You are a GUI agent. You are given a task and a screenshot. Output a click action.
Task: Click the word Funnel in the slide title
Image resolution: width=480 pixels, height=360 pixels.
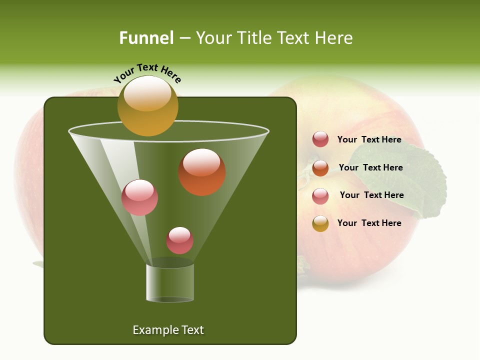pyautogui.click(x=146, y=38)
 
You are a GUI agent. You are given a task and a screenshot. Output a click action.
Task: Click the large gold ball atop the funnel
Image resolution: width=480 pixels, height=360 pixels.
pyautogui.click(x=147, y=105)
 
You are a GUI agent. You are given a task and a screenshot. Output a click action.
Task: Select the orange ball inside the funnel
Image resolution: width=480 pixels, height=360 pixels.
pyautogui.click(x=202, y=172)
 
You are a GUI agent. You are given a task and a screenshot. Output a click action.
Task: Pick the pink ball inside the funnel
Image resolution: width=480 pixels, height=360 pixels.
pyautogui.click(x=139, y=197)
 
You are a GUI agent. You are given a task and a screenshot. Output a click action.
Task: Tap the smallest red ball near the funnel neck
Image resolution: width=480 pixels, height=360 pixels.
pyautogui.click(x=179, y=240)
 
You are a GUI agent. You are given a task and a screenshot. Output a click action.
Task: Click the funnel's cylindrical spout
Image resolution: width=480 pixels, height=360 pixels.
pyautogui.click(x=170, y=282)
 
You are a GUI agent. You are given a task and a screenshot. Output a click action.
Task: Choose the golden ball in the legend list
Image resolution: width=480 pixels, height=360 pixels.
pyautogui.click(x=320, y=223)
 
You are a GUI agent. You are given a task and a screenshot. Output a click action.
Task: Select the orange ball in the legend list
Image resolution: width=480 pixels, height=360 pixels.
pyautogui.click(x=320, y=168)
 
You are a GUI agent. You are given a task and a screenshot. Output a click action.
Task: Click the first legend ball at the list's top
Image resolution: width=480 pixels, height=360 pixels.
pyautogui.click(x=320, y=139)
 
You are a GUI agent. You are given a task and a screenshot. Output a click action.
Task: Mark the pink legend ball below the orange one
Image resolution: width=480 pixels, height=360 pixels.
pyautogui.click(x=320, y=196)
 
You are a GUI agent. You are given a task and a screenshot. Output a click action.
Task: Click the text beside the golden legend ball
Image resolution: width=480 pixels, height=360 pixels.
pyautogui.click(x=369, y=223)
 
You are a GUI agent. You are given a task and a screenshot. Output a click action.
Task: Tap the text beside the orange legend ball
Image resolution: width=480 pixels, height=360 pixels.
pyautogui.click(x=370, y=167)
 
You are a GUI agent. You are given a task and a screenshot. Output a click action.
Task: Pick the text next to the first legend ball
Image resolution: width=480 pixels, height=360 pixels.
pyautogui.click(x=369, y=139)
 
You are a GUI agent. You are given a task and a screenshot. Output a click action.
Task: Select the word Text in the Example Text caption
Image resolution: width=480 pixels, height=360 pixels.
pyautogui.click(x=192, y=330)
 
